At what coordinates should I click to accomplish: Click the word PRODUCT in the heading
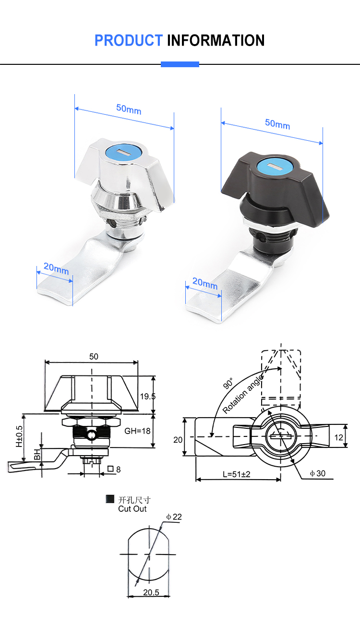(x=128, y=40)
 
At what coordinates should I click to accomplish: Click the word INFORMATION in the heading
(x=216, y=40)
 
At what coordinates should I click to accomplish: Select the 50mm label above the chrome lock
(x=129, y=109)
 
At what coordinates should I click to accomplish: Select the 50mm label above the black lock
(x=277, y=124)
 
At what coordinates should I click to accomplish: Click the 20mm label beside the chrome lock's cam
(x=56, y=269)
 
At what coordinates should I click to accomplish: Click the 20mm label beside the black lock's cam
(x=205, y=284)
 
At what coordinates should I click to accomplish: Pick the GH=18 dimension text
(x=137, y=431)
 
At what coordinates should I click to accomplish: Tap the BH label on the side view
(x=37, y=454)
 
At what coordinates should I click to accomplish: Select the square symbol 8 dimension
(x=115, y=469)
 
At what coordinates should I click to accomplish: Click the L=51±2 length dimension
(x=237, y=474)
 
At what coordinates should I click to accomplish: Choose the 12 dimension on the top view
(x=339, y=437)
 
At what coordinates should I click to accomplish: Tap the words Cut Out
(x=132, y=508)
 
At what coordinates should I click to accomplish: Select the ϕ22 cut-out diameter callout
(x=174, y=517)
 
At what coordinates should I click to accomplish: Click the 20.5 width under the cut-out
(x=151, y=592)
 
